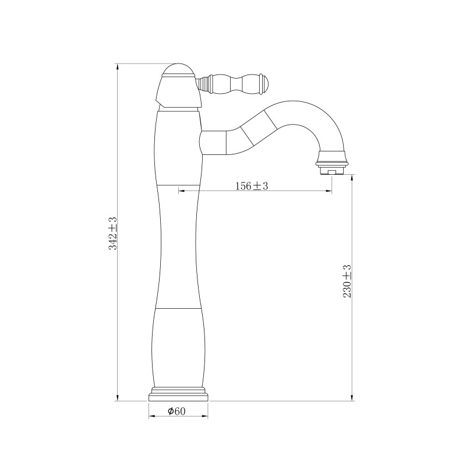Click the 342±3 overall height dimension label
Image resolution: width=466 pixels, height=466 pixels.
pyautogui.click(x=113, y=234)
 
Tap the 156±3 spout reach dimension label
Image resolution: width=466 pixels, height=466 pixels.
pyautogui.click(x=252, y=186)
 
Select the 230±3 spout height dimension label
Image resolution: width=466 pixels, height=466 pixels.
pyautogui.click(x=347, y=281)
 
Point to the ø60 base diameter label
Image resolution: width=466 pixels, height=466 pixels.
pyautogui.click(x=176, y=411)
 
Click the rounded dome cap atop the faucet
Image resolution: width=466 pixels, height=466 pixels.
pyautogui.click(x=178, y=69)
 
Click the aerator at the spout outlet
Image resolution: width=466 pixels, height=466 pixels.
pyautogui.click(x=332, y=171)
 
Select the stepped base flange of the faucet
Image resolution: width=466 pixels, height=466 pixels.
pyautogui.click(x=178, y=394)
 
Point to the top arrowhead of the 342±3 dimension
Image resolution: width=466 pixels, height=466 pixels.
pyautogui.click(x=118, y=66)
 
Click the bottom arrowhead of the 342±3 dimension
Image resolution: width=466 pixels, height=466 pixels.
pyautogui.click(x=118, y=398)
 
